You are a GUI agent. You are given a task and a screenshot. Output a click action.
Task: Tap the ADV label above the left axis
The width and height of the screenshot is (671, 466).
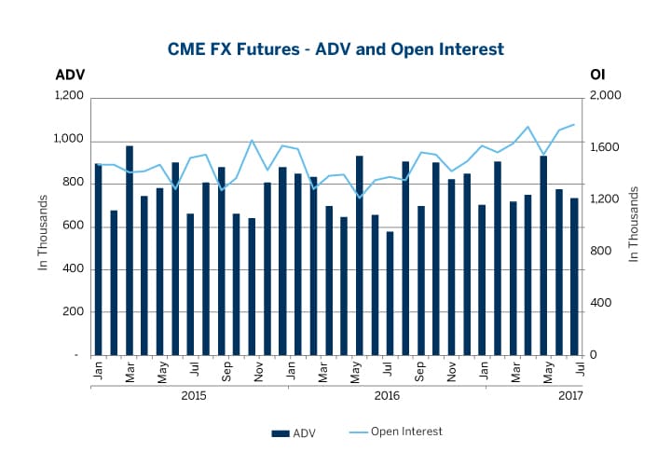[x=70, y=75]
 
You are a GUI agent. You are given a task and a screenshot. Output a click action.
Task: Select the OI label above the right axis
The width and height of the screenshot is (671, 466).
[x=598, y=75]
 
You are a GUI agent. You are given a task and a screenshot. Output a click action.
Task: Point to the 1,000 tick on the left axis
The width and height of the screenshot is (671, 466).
[x=71, y=140]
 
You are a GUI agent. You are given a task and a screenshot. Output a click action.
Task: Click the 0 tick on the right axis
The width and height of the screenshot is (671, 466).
[x=594, y=356]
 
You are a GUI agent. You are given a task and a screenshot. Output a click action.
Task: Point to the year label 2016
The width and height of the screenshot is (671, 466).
[x=387, y=396]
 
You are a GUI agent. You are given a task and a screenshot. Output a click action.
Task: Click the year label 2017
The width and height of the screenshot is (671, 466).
[x=570, y=396]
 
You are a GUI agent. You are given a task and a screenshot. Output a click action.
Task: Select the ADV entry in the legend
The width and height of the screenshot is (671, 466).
[x=294, y=432]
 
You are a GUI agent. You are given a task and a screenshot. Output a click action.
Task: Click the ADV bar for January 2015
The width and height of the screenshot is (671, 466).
[x=98, y=261]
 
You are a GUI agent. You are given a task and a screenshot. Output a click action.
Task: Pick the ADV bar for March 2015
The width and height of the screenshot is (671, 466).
[x=130, y=252]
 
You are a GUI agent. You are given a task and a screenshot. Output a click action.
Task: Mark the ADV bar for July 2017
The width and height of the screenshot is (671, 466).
[x=574, y=277]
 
